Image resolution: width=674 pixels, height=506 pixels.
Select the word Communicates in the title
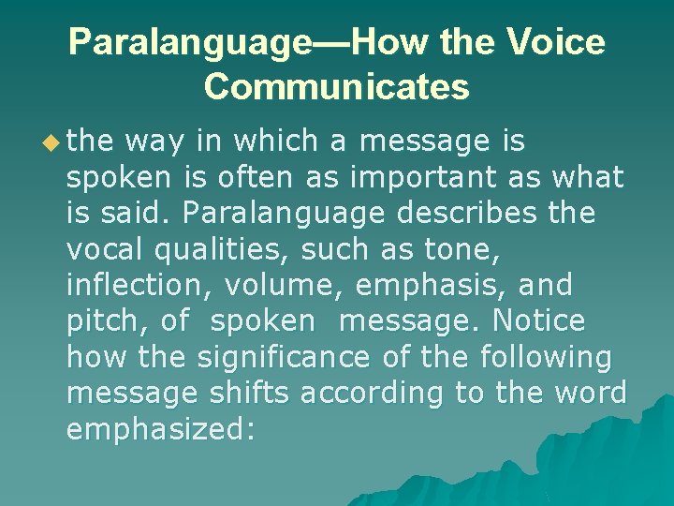pos(337,86)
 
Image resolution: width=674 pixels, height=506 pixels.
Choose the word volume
pos(281,285)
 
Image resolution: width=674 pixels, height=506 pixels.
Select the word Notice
pos(538,320)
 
